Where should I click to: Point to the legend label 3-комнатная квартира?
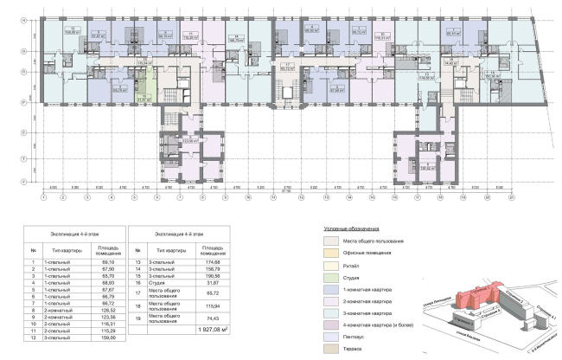click(364, 311)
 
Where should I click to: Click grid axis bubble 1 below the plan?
click(42, 196)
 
